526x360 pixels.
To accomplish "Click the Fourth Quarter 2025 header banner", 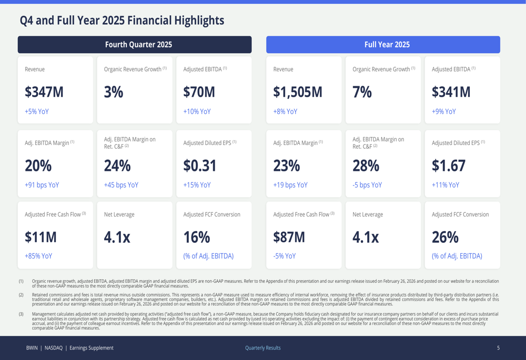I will click(135, 45).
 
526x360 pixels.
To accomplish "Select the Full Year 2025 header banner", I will click(383, 45).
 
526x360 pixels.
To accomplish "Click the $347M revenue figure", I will click(44, 92).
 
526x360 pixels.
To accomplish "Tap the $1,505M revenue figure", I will click(298, 92).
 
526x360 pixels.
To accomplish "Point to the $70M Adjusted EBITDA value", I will click(199, 92).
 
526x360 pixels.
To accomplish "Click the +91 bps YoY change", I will click(42, 185).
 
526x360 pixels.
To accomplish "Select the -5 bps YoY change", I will click(367, 185).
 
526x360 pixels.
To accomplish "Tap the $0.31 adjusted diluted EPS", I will click(200, 166).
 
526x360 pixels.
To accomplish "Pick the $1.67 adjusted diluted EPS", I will click(449, 166).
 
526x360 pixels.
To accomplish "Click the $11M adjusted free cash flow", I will click(41, 237).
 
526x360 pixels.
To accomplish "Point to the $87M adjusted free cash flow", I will click(289, 237).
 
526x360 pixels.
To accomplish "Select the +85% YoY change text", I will click(38, 256).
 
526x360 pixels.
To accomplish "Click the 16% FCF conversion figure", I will click(196, 237).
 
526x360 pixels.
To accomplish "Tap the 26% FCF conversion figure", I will click(445, 237).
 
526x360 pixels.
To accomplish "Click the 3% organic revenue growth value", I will click(114, 92).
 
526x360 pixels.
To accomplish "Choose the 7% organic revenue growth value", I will click(362, 92).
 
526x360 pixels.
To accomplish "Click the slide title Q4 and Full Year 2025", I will click(122, 20).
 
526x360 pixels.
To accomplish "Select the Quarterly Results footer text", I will click(263, 348).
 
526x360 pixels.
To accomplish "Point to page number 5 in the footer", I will click(498, 348).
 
